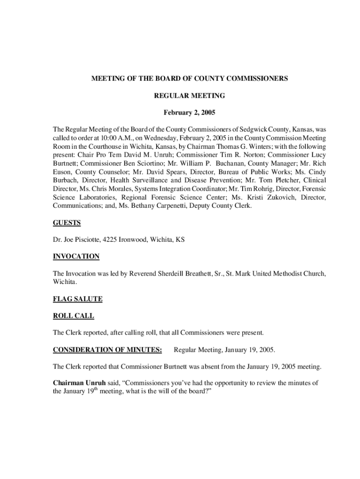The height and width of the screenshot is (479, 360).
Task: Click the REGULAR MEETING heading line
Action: [x=189, y=96]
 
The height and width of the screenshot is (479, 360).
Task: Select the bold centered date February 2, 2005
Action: [x=189, y=113]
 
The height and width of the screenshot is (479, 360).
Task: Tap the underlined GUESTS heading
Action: [x=67, y=223]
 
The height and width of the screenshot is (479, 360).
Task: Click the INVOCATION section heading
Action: [x=76, y=256]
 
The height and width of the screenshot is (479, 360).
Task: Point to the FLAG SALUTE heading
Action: [x=78, y=299]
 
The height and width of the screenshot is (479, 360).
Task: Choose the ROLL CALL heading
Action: [x=73, y=316]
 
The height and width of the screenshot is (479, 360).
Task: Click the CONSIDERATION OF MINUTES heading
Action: [x=108, y=349]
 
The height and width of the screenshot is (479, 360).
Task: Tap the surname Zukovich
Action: [x=280, y=197]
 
